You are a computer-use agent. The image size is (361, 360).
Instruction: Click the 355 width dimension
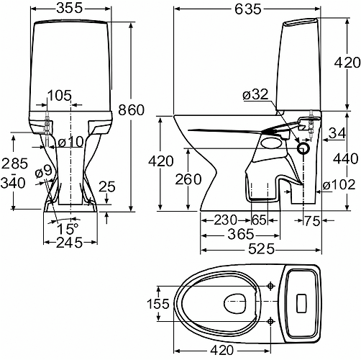click(70, 8)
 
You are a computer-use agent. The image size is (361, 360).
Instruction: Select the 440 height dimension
click(347, 157)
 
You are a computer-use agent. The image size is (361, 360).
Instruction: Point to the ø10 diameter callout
click(71, 141)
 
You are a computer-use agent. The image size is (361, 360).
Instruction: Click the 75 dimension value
click(312, 218)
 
